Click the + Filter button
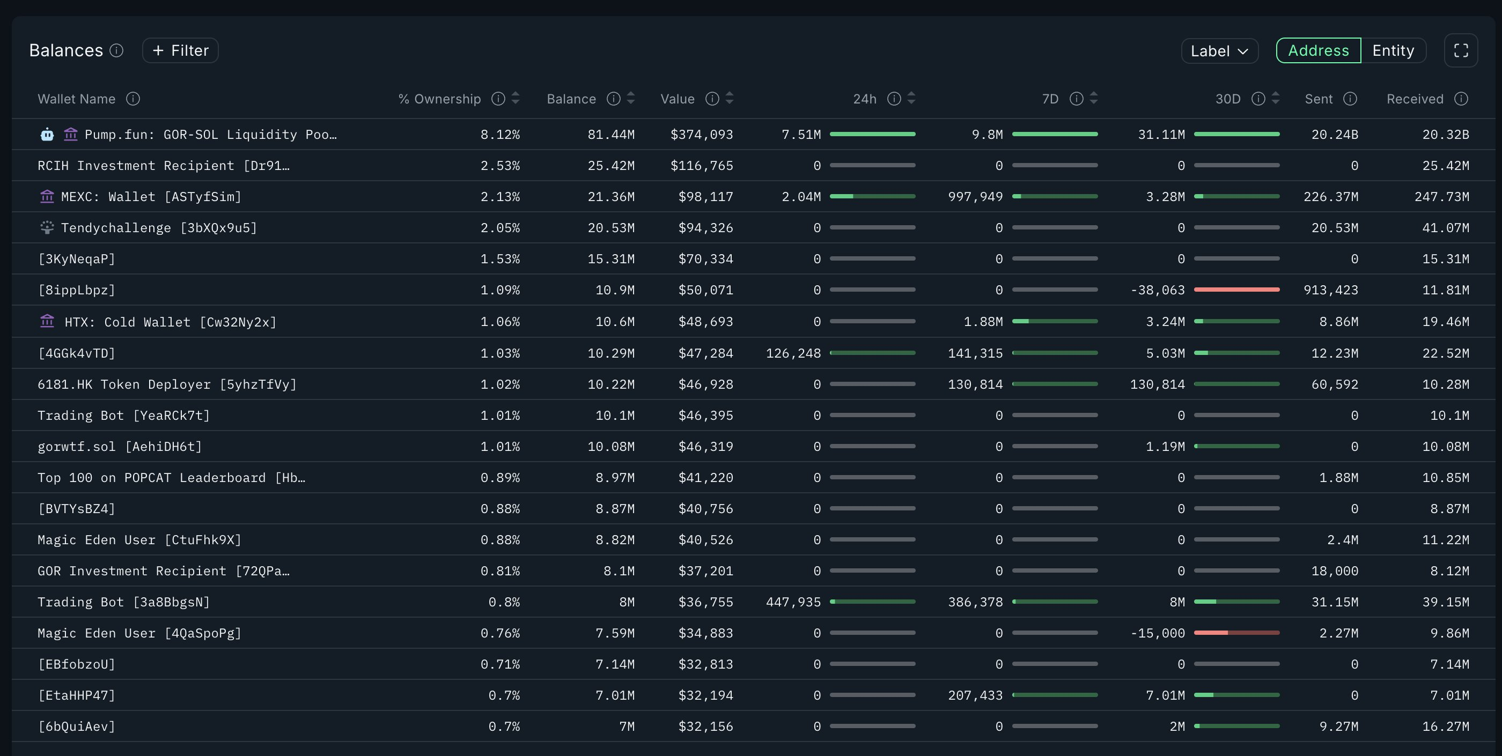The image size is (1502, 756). [x=180, y=51]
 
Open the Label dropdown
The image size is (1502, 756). [x=1219, y=51]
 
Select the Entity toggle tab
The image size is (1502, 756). [x=1393, y=51]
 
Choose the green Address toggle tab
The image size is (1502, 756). [x=1319, y=51]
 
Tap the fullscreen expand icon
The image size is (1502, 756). [x=1461, y=51]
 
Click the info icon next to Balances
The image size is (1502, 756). [x=116, y=51]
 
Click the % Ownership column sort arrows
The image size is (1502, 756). [x=516, y=99]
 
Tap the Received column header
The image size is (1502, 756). [x=1415, y=99]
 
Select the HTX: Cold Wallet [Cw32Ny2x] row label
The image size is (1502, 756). [x=170, y=322]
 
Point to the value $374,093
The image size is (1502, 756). [x=702, y=135]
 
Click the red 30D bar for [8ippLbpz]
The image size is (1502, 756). [x=1236, y=290]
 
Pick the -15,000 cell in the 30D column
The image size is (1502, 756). [x=1158, y=633]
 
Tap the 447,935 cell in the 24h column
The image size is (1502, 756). [x=793, y=602]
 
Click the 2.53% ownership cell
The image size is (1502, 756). [x=500, y=166]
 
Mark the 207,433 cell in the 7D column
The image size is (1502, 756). [x=975, y=695]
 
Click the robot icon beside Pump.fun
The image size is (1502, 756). [x=47, y=135]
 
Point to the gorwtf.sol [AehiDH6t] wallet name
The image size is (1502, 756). [x=120, y=447]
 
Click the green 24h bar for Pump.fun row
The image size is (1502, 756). [x=872, y=134]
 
